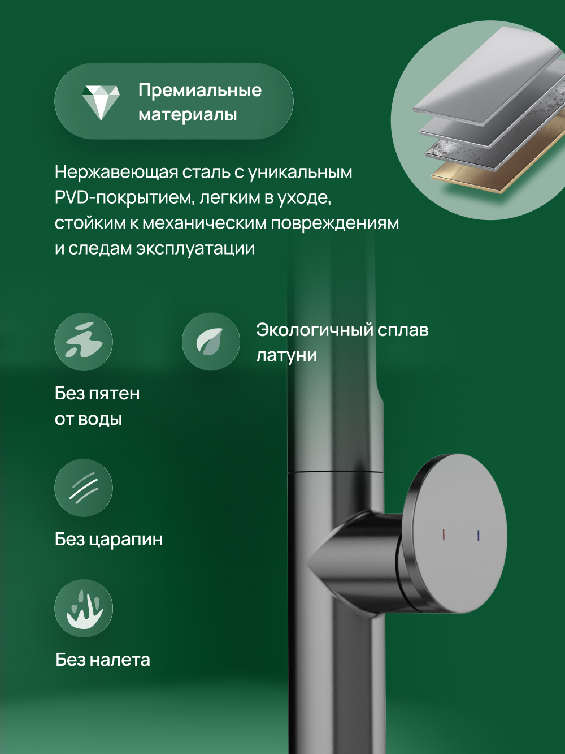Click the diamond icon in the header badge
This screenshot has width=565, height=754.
pyautogui.click(x=101, y=102)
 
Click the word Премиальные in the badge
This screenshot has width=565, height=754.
pyautogui.click(x=200, y=90)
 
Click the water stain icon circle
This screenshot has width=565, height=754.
pyautogui.click(x=84, y=342)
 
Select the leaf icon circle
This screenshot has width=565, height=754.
pyautogui.click(x=211, y=342)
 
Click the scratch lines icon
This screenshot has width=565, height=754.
pyautogui.click(x=84, y=488)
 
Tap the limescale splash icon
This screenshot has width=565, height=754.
pyautogui.click(x=84, y=609)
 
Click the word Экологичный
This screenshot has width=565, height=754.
pyautogui.click(x=314, y=330)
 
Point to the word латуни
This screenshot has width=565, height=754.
pyautogui.click(x=286, y=355)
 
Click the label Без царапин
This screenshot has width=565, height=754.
pyautogui.click(x=108, y=539)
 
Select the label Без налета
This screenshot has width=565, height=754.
pyautogui.click(x=103, y=660)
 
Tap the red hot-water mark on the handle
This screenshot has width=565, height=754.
pyautogui.click(x=444, y=535)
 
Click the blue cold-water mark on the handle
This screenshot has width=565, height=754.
pyautogui.click(x=479, y=535)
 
